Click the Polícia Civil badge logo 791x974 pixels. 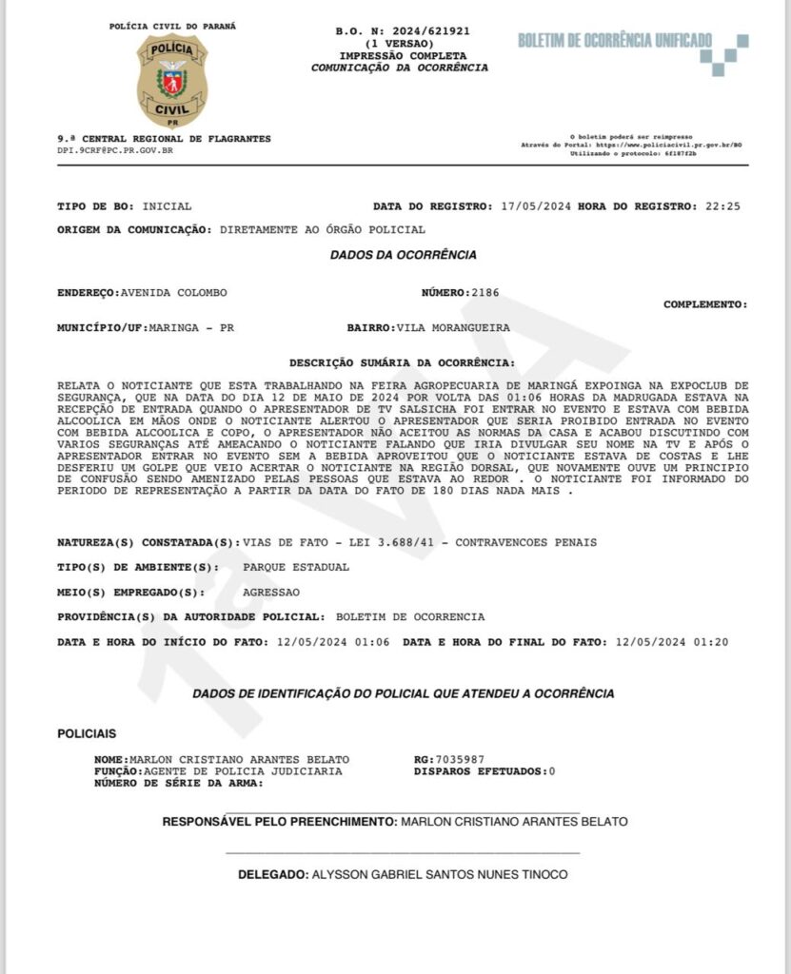pyautogui.click(x=172, y=81)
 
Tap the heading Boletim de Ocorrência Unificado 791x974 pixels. pyautogui.click(x=614, y=40)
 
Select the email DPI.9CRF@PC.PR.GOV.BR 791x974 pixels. pyautogui.click(x=115, y=150)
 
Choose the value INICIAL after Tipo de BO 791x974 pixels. pyautogui.click(x=167, y=205)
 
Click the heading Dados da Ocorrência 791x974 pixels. pyautogui.click(x=404, y=255)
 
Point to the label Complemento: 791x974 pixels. pyautogui.click(x=705, y=304)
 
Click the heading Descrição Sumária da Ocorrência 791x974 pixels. pyautogui.click(x=403, y=363)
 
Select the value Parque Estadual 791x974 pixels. pyautogui.click(x=296, y=567)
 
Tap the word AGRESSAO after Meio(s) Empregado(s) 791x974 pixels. pyautogui.click(x=272, y=592)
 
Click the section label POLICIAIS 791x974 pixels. pyautogui.click(x=88, y=734)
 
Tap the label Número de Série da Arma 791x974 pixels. pyautogui.click(x=177, y=783)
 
